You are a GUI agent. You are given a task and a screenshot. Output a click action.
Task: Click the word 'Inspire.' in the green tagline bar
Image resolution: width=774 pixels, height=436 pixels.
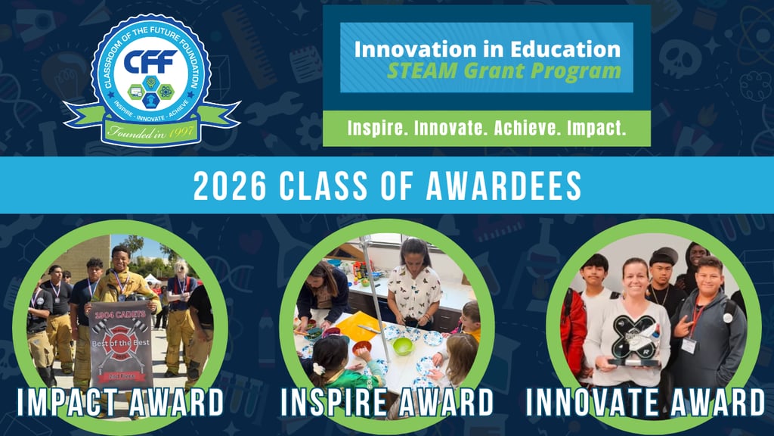click(x=376, y=128)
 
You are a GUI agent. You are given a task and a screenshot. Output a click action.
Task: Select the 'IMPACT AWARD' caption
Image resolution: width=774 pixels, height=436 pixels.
click(x=120, y=402)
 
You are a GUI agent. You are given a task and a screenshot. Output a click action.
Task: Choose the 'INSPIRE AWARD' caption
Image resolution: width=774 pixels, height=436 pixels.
click(x=387, y=402)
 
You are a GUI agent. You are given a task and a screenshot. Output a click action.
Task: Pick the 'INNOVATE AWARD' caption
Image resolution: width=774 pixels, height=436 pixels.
click(x=645, y=402)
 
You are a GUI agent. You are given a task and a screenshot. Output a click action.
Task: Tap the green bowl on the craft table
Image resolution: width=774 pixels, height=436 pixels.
click(x=403, y=346)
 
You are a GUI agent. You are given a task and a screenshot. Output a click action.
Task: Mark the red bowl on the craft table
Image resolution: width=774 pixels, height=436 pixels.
click(x=361, y=349)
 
